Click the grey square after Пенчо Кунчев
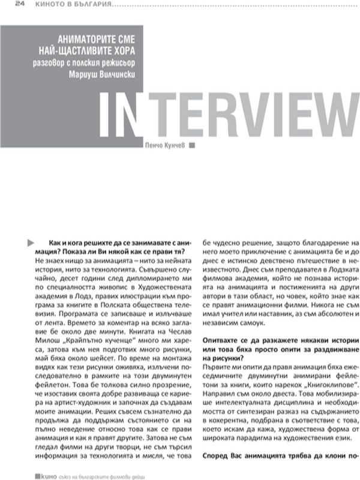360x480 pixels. point(191,145)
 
